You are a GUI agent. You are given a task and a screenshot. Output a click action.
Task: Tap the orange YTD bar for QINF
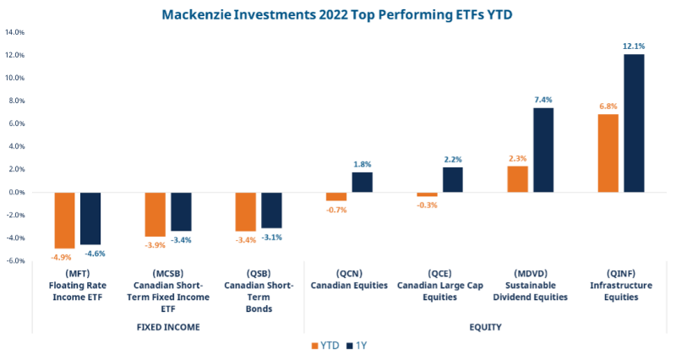point(608,153)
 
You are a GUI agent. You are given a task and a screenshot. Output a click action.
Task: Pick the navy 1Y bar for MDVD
point(543,150)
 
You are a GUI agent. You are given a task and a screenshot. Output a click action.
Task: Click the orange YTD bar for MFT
point(65,220)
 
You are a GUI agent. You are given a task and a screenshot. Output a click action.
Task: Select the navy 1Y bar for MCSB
point(182,211)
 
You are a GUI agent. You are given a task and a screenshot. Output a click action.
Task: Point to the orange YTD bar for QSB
point(245,211)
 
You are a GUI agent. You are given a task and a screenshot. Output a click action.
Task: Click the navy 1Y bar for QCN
point(363,182)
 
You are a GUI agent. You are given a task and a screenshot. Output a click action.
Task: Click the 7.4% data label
point(543,100)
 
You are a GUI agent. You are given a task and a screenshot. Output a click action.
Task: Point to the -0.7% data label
point(336,209)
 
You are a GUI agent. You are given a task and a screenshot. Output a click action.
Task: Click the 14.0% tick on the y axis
point(15,32)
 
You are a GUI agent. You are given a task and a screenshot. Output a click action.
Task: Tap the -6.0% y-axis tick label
point(15,261)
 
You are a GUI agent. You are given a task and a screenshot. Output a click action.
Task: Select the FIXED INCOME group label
point(167,326)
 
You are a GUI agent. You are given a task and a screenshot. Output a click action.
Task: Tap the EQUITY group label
point(484,326)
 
